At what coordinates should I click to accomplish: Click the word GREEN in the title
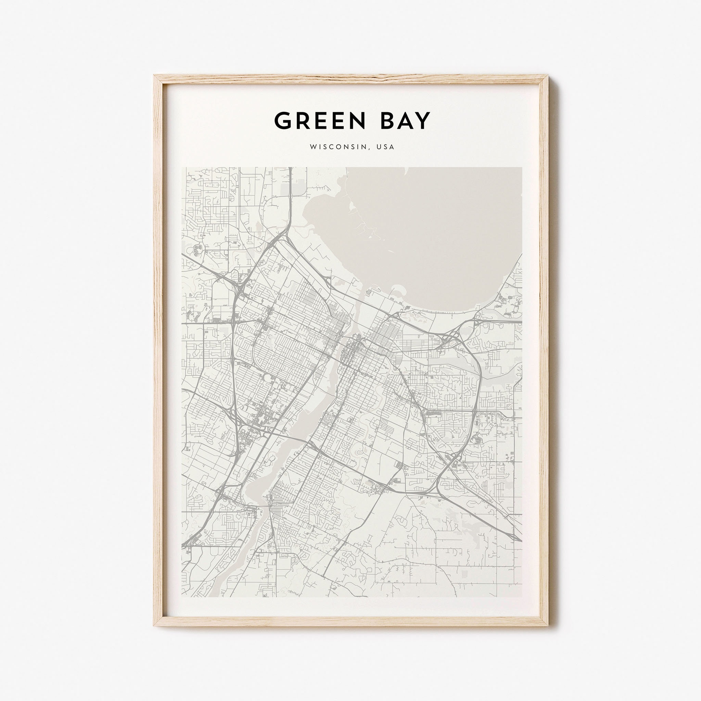(320, 121)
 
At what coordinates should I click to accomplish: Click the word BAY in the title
(405, 121)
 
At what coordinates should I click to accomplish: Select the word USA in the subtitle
(385, 147)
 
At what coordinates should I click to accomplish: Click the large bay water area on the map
(428, 232)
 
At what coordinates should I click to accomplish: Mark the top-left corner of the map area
(182, 167)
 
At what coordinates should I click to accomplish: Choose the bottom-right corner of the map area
(522, 597)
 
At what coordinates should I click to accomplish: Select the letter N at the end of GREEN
(357, 121)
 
